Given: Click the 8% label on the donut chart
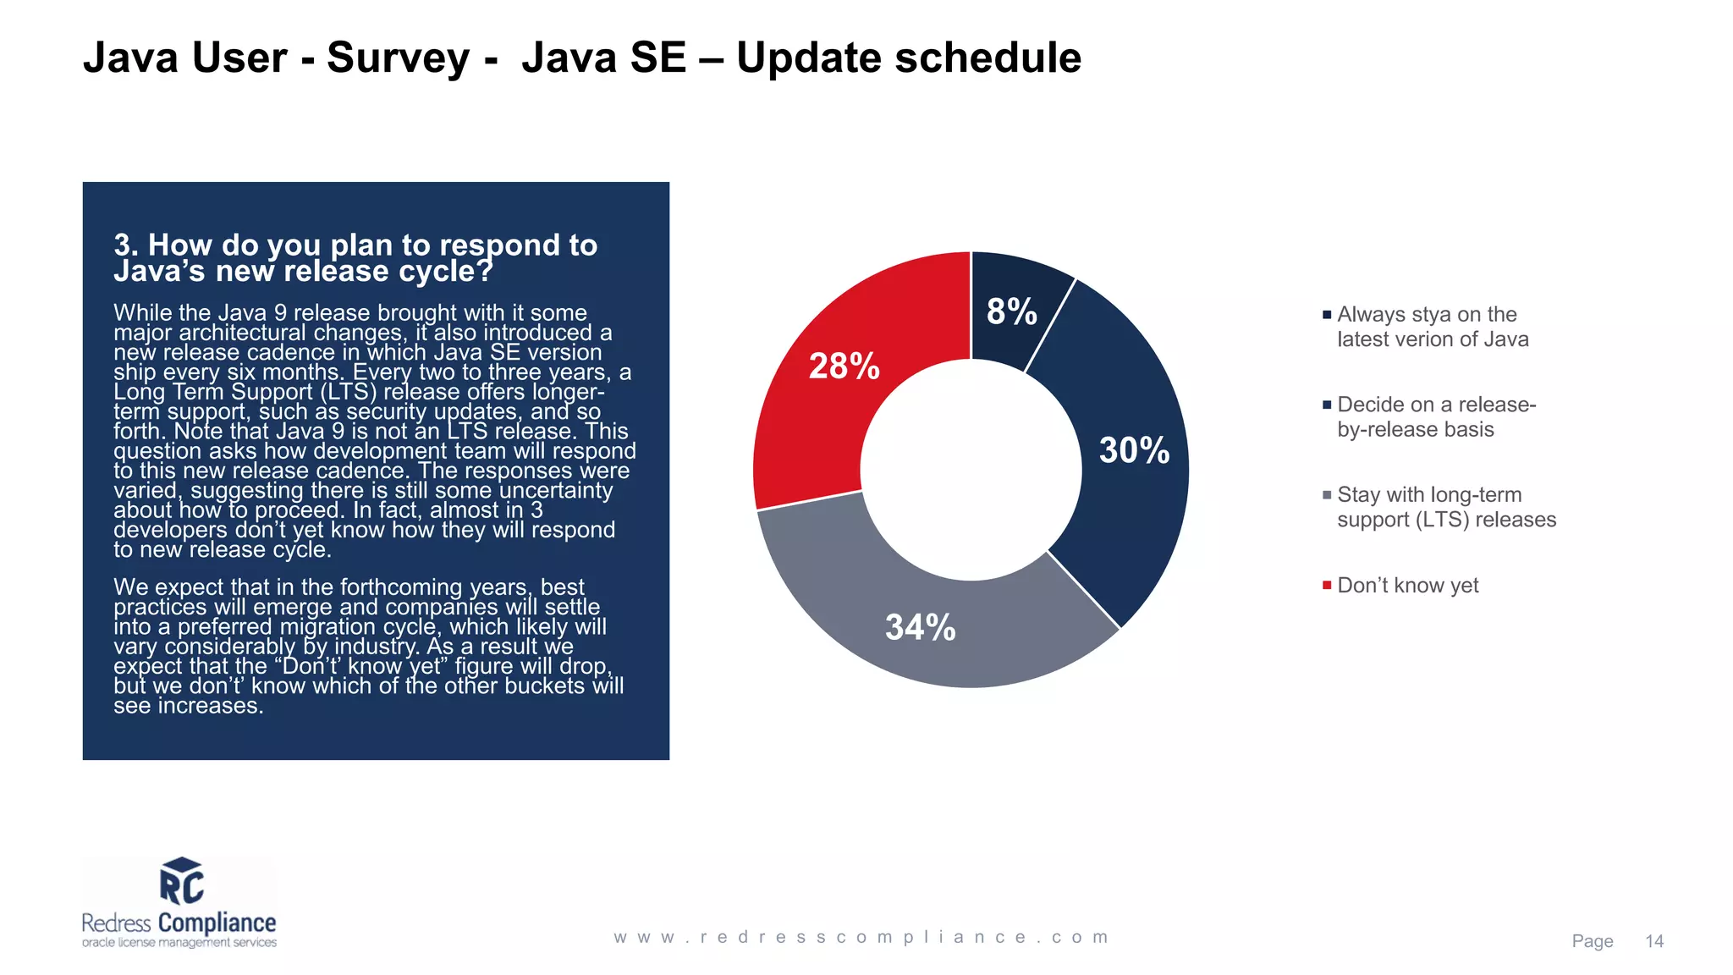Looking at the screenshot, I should [x=1011, y=311].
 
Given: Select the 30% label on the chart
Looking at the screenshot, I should [x=1134, y=450].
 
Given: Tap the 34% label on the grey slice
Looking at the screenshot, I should [x=920, y=627].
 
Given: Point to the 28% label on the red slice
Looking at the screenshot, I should [x=844, y=366].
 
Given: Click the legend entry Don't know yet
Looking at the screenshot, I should [x=1407, y=586].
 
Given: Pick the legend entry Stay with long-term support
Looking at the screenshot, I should [x=1445, y=507].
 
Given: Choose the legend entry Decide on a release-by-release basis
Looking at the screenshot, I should [x=1435, y=417].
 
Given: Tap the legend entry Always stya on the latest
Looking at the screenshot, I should [x=1432, y=327].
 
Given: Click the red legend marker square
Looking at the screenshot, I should [x=1327, y=585].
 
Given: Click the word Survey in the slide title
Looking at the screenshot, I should [x=398, y=58].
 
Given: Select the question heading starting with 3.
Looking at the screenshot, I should [x=355, y=257].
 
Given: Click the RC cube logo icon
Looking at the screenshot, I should [x=181, y=881].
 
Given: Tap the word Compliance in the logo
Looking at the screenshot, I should [x=217, y=923].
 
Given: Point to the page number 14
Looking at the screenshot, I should [x=1653, y=941].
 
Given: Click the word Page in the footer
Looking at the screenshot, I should [x=1592, y=941].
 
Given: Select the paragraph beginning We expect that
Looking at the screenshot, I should [x=368, y=646].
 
